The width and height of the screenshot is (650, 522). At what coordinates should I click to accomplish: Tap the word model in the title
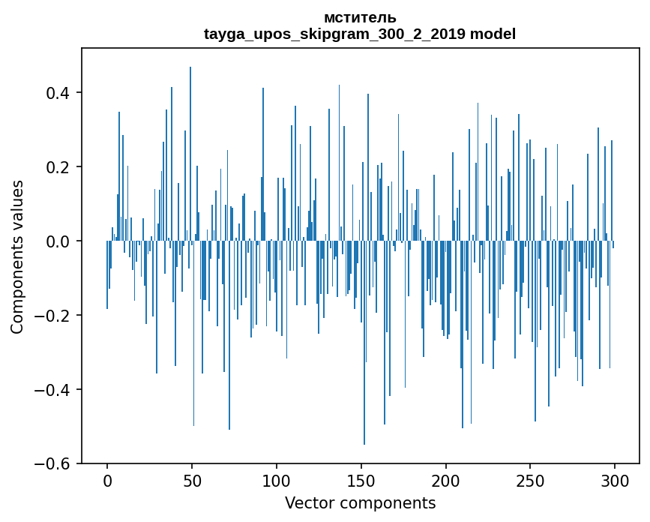(493, 34)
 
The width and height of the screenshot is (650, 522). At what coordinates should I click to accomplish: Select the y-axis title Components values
(17, 256)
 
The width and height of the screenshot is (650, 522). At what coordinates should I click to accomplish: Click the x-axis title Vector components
(360, 502)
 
